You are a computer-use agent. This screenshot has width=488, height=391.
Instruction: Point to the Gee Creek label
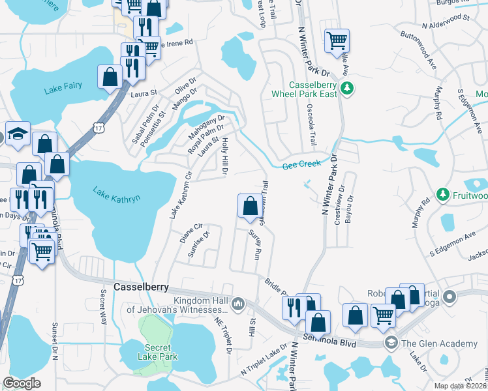[301, 166]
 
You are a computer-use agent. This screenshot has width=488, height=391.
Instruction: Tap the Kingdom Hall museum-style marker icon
[238, 303]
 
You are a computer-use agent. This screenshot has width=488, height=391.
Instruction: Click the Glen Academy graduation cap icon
[391, 343]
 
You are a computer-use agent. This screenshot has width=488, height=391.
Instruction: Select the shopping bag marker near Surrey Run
[249, 207]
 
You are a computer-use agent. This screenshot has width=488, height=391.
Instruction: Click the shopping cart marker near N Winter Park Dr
[337, 40]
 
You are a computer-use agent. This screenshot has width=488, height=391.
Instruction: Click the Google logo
[22, 383]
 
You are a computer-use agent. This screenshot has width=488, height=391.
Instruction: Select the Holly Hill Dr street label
[225, 157]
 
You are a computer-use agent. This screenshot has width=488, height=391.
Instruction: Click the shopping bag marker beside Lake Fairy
[110, 77]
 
